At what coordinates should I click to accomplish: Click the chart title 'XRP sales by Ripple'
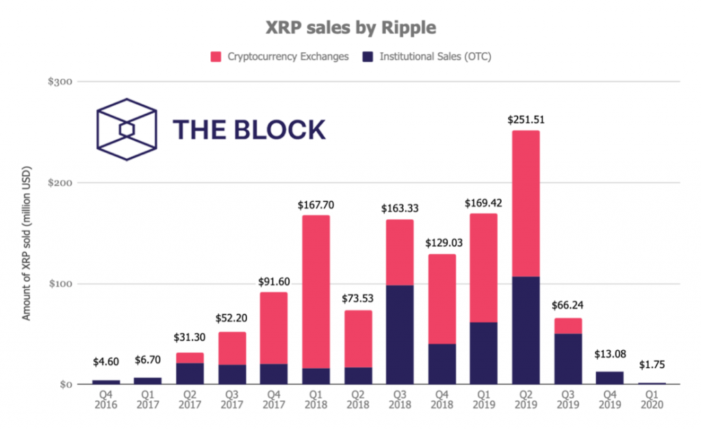(350, 28)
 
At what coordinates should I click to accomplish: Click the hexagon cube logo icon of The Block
(126, 129)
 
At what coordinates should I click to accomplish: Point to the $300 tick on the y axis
(61, 82)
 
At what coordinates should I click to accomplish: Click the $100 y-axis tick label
(61, 284)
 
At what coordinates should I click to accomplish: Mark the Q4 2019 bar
(609, 378)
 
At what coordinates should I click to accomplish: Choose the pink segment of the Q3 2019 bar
(568, 326)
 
